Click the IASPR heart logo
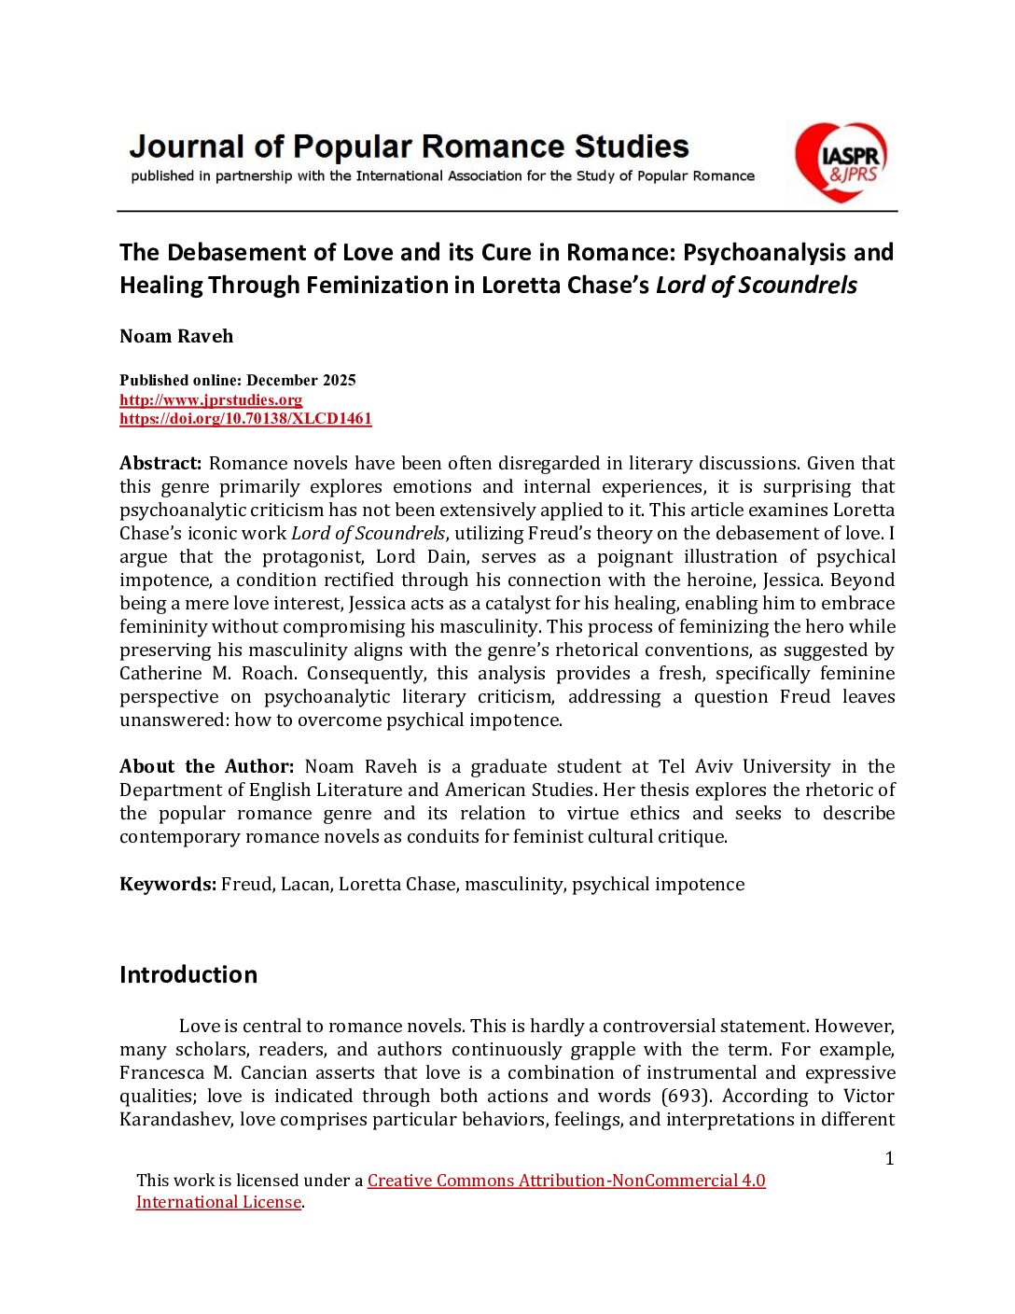click(x=840, y=161)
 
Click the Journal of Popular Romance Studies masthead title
click(x=409, y=147)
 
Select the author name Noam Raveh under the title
click(x=176, y=336)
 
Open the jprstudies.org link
click(x=211, y=399)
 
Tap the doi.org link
click(x=245, y=418)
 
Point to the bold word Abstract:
click(x=160, y=463)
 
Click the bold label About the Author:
click(x=206, y=766)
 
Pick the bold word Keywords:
click(x=168, y=884)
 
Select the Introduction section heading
click(x=188, y=974)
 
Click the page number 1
click(x=889, y=1158)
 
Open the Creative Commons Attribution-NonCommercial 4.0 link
click(x=566, y=1181)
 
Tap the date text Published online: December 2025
click(x=238, y=380)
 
